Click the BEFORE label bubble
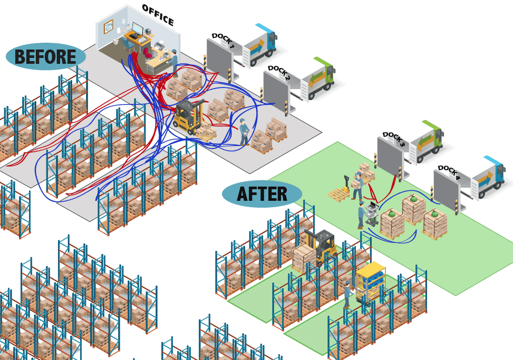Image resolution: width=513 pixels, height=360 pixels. pos(45,57)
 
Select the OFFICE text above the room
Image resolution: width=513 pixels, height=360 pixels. pos(158,15)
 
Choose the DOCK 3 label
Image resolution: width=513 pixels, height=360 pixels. pos(394,139)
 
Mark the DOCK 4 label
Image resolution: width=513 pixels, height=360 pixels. pos(449,173)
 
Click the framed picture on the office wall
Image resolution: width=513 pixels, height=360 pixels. pos(108,26)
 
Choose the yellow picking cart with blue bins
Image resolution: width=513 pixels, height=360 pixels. pos(371,280)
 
